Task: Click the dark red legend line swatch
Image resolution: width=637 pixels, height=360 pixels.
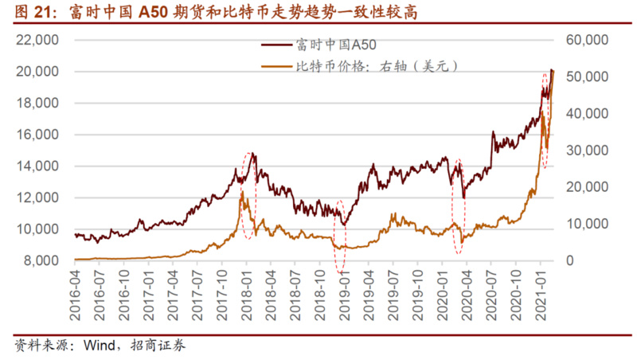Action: (276, 47)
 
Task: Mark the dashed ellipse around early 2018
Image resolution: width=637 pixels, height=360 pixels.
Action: (249, 195)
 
